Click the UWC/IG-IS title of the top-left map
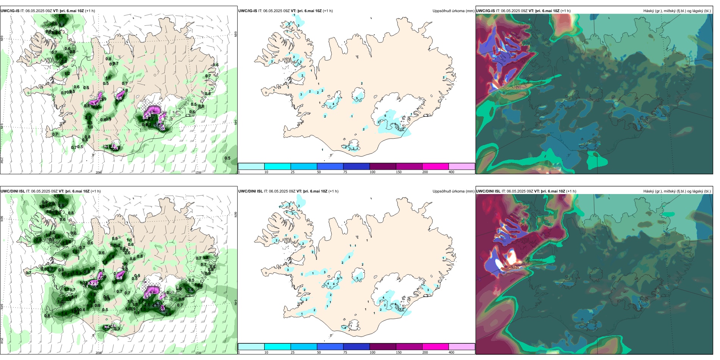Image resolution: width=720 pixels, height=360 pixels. point(10,11)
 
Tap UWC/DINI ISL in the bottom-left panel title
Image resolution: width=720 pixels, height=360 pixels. point(13,191)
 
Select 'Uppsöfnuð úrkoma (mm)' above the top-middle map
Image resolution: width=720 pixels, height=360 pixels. point(453,11)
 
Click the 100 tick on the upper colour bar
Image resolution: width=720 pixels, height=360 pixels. point(372,172)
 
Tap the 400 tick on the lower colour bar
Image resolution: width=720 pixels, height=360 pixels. point(451,352)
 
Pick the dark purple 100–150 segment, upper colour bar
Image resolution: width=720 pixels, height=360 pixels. point(383,166)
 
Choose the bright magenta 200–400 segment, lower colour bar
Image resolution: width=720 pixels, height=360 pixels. point(435,347)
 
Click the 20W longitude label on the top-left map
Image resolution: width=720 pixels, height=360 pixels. point(99,172)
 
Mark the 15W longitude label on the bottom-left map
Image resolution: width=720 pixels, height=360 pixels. point(198,353)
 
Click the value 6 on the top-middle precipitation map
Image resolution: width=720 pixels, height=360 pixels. point(385,116)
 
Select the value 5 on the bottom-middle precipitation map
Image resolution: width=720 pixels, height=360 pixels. point(357,279)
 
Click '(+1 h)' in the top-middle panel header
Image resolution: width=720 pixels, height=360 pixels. point(327,11)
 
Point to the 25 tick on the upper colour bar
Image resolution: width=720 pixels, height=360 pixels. point(293,172)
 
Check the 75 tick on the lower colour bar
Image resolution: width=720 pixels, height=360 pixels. point(345,352)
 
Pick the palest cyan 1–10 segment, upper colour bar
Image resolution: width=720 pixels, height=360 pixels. point(251,166)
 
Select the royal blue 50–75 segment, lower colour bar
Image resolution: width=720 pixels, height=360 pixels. point(330,347)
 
